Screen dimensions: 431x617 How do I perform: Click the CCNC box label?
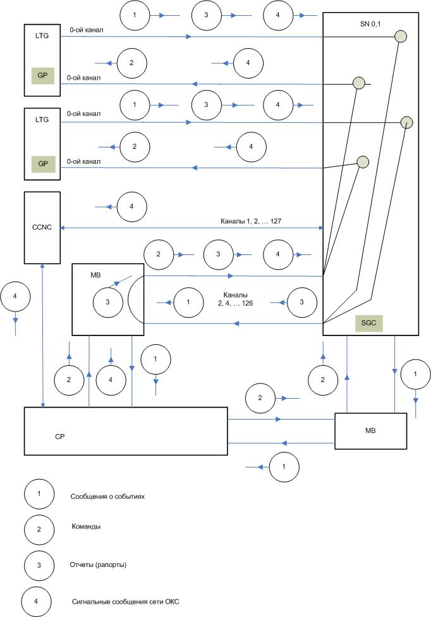click(42, 227)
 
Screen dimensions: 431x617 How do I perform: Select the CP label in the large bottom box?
click(59, 437)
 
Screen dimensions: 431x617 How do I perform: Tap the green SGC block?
click(368, 323)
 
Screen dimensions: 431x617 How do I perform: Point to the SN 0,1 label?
click(370, 23)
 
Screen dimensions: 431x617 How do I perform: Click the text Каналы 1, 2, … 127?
click(251, 221)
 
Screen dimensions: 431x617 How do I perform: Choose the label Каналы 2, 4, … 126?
click(235, 299)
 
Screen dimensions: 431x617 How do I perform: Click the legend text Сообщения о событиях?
click(107, 497)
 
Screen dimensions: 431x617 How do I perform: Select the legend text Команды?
click(86, 527)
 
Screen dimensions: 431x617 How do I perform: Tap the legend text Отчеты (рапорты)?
click(98, 564)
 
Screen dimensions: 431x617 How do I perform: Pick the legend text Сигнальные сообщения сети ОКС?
click(126, 602)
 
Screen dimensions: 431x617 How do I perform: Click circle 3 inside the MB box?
click(107, 302)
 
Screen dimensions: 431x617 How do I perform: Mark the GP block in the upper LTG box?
click(42, 75)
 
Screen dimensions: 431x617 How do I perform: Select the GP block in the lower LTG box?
click(42, 164)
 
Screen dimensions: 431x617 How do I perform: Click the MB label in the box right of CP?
click(370, 430)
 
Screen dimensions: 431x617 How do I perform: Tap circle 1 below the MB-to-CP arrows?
click(284, 466)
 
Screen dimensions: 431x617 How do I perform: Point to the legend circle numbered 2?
click(39, 529)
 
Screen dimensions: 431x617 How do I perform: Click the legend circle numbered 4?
click(36, 601)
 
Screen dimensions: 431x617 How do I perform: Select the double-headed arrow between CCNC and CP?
click(42, 335)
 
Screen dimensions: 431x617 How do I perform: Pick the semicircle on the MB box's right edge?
click(129, 299)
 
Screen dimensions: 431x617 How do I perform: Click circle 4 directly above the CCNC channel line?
click(131, 206)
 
